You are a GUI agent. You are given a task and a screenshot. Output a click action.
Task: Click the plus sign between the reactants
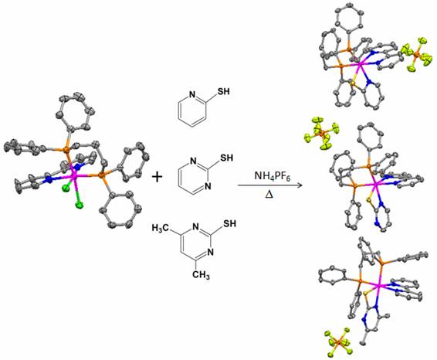(158, 177)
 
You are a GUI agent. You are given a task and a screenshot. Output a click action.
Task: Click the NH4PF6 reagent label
(273, 176)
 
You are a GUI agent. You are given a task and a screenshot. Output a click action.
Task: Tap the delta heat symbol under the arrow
(269, 194)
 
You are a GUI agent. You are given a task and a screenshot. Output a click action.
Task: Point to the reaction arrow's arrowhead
(300, 185)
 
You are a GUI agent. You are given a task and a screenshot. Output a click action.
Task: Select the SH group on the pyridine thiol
(223, 91)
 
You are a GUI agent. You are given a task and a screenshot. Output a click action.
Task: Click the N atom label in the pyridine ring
(192, 95)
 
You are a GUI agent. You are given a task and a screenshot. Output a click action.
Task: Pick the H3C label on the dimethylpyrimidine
(160, 228)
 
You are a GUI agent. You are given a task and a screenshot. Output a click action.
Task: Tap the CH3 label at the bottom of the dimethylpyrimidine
(202, 275)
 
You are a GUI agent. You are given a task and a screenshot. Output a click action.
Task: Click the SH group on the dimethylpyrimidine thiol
(229, 223)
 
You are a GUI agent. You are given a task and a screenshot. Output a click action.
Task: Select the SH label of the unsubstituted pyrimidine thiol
(226, 158)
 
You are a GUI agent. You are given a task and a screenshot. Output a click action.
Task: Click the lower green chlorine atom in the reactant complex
(80, 205)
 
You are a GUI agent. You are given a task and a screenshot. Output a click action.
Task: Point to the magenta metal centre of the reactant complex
(74, 175)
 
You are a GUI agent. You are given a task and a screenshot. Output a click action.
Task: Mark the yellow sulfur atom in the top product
(353, 83)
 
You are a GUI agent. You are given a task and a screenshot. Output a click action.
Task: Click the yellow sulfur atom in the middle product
(369, 199)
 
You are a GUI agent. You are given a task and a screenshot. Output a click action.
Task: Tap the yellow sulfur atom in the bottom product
(366, 293)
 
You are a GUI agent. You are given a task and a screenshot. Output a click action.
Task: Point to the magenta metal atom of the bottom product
(380, 286)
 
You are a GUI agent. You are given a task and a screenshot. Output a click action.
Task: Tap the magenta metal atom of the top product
(360, 65)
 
